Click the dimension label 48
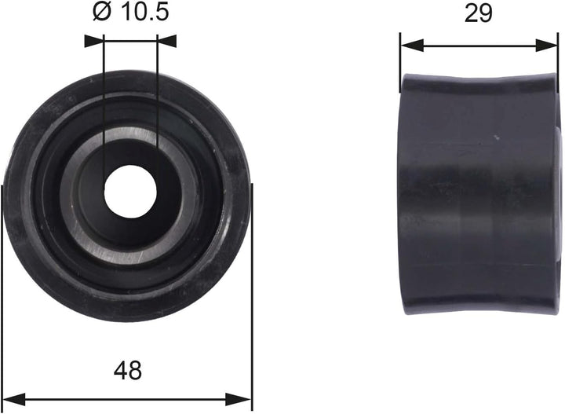tap(128, 369)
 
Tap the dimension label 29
tap(478, 13)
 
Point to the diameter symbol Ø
tap(100, 12)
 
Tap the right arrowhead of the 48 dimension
tap(244, 397)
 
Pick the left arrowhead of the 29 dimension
tap(408, 45)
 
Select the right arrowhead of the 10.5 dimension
tap(166, 37)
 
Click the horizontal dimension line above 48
tap(128, 397)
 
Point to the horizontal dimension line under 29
tap(479, 45)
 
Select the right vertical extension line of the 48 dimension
tap(252, 314)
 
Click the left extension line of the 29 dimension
tap(400, 59)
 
